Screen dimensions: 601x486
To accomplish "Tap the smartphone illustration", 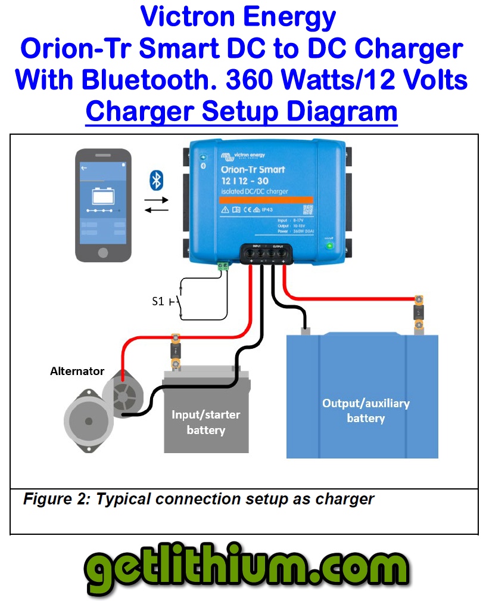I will (102, 204).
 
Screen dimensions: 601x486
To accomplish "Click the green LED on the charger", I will (327, 245).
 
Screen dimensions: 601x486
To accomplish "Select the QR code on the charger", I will (308, 210).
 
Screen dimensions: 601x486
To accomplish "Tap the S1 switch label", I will (158, 302).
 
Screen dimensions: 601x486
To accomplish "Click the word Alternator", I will (77, 371).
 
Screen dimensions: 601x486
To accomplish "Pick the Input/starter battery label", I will (205, 422).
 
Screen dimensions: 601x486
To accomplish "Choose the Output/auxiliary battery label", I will (366, 411).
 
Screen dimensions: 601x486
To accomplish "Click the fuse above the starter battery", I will (176, 352).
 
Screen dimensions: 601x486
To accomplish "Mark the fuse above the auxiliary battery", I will (420, 312).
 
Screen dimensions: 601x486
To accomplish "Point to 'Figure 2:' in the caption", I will (57, 498).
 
